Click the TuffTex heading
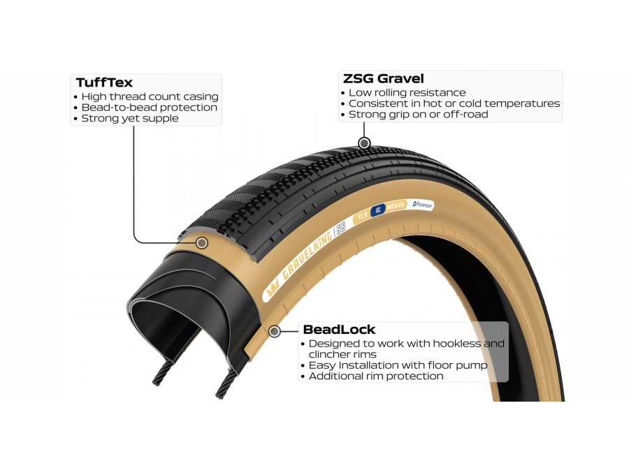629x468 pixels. pos(104,83)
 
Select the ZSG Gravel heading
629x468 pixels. pos(383,79)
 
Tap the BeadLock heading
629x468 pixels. pos(338,330)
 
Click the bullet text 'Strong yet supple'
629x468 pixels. pos(130,119)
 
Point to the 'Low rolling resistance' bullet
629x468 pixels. pos(407,93)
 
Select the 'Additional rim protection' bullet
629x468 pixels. pos(376,376)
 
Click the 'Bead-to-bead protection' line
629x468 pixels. pos(149,108)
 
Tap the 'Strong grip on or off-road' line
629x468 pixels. pos(418,115)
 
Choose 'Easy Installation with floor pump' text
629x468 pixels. pos(398,365)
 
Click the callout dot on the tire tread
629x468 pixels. pos(363,144)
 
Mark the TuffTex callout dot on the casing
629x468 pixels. pos(202,243)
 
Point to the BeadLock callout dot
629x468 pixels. pos(275,331)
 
